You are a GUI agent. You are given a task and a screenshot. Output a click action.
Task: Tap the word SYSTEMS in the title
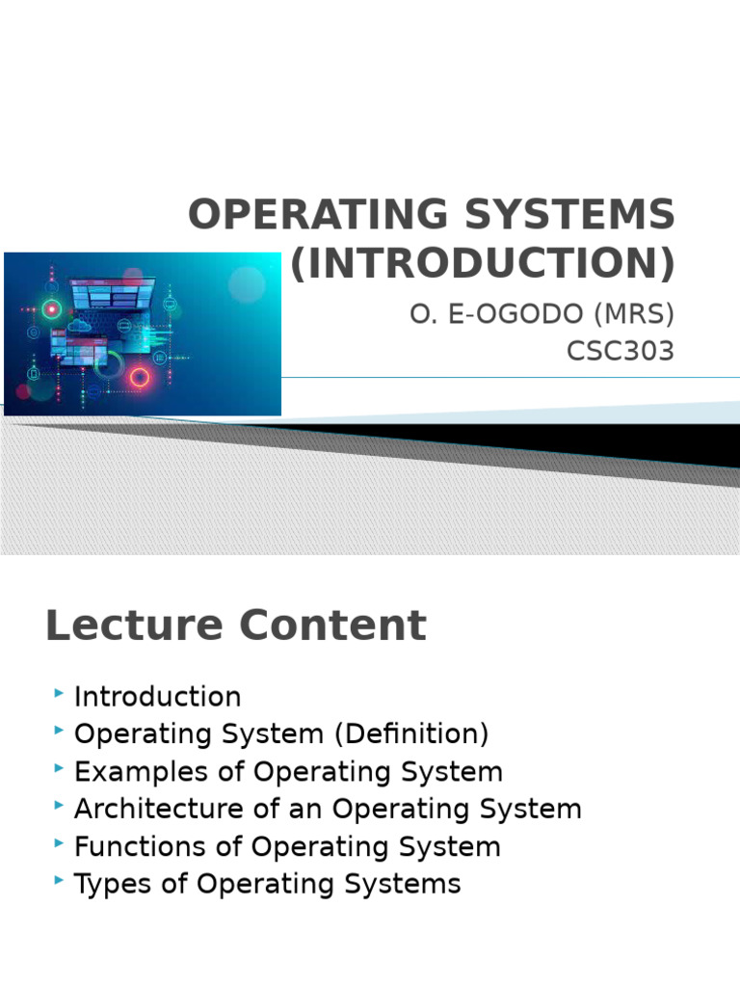(569, 214)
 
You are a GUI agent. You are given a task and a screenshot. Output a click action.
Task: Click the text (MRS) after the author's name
(634, 313)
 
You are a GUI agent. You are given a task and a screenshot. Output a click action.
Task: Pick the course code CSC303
(621, 351)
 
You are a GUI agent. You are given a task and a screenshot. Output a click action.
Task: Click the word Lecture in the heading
(134, 625)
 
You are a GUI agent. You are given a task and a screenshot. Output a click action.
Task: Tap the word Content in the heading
(332, 625)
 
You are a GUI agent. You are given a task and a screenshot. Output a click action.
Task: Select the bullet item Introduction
(157, 697)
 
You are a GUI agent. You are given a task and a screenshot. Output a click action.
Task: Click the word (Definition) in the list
(411, 734)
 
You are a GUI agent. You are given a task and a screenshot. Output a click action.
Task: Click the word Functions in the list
(140, 846)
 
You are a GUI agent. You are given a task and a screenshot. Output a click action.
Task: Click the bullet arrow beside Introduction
(59, 694)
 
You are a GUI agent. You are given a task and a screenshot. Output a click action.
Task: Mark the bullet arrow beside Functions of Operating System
(59, 843)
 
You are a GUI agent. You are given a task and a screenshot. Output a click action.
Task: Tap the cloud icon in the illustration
(78, 325)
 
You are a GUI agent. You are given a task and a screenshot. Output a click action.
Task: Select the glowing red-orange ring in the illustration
(140, 377)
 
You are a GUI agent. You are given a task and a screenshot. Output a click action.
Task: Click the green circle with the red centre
(52, 309)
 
